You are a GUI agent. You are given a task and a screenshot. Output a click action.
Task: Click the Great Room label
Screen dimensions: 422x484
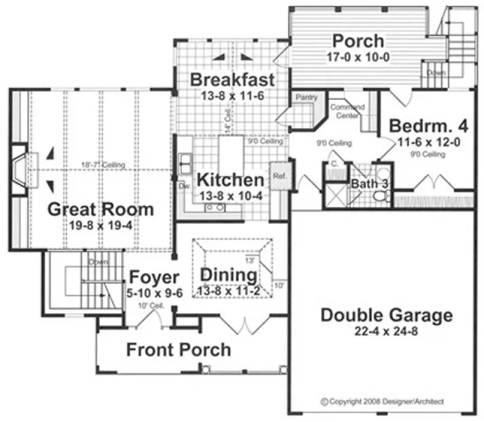point(101,209)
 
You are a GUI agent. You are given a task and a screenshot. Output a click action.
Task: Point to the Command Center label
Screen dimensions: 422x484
point(347,111)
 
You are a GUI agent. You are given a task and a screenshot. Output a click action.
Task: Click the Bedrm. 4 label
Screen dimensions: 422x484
point(429,125)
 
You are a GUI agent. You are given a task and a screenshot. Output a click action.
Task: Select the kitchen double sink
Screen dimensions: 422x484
point(185,163)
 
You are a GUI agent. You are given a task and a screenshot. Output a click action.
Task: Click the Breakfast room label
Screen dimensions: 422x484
point(232,80)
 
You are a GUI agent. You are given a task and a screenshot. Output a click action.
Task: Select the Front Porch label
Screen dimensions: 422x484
point(178,349)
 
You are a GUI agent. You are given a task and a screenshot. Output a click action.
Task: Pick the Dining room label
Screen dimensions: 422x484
point(229,276)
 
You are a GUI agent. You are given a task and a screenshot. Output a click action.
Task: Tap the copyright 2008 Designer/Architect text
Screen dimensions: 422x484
point(382,401)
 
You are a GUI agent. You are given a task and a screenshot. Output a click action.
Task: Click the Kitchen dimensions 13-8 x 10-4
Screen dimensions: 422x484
point(228,195)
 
